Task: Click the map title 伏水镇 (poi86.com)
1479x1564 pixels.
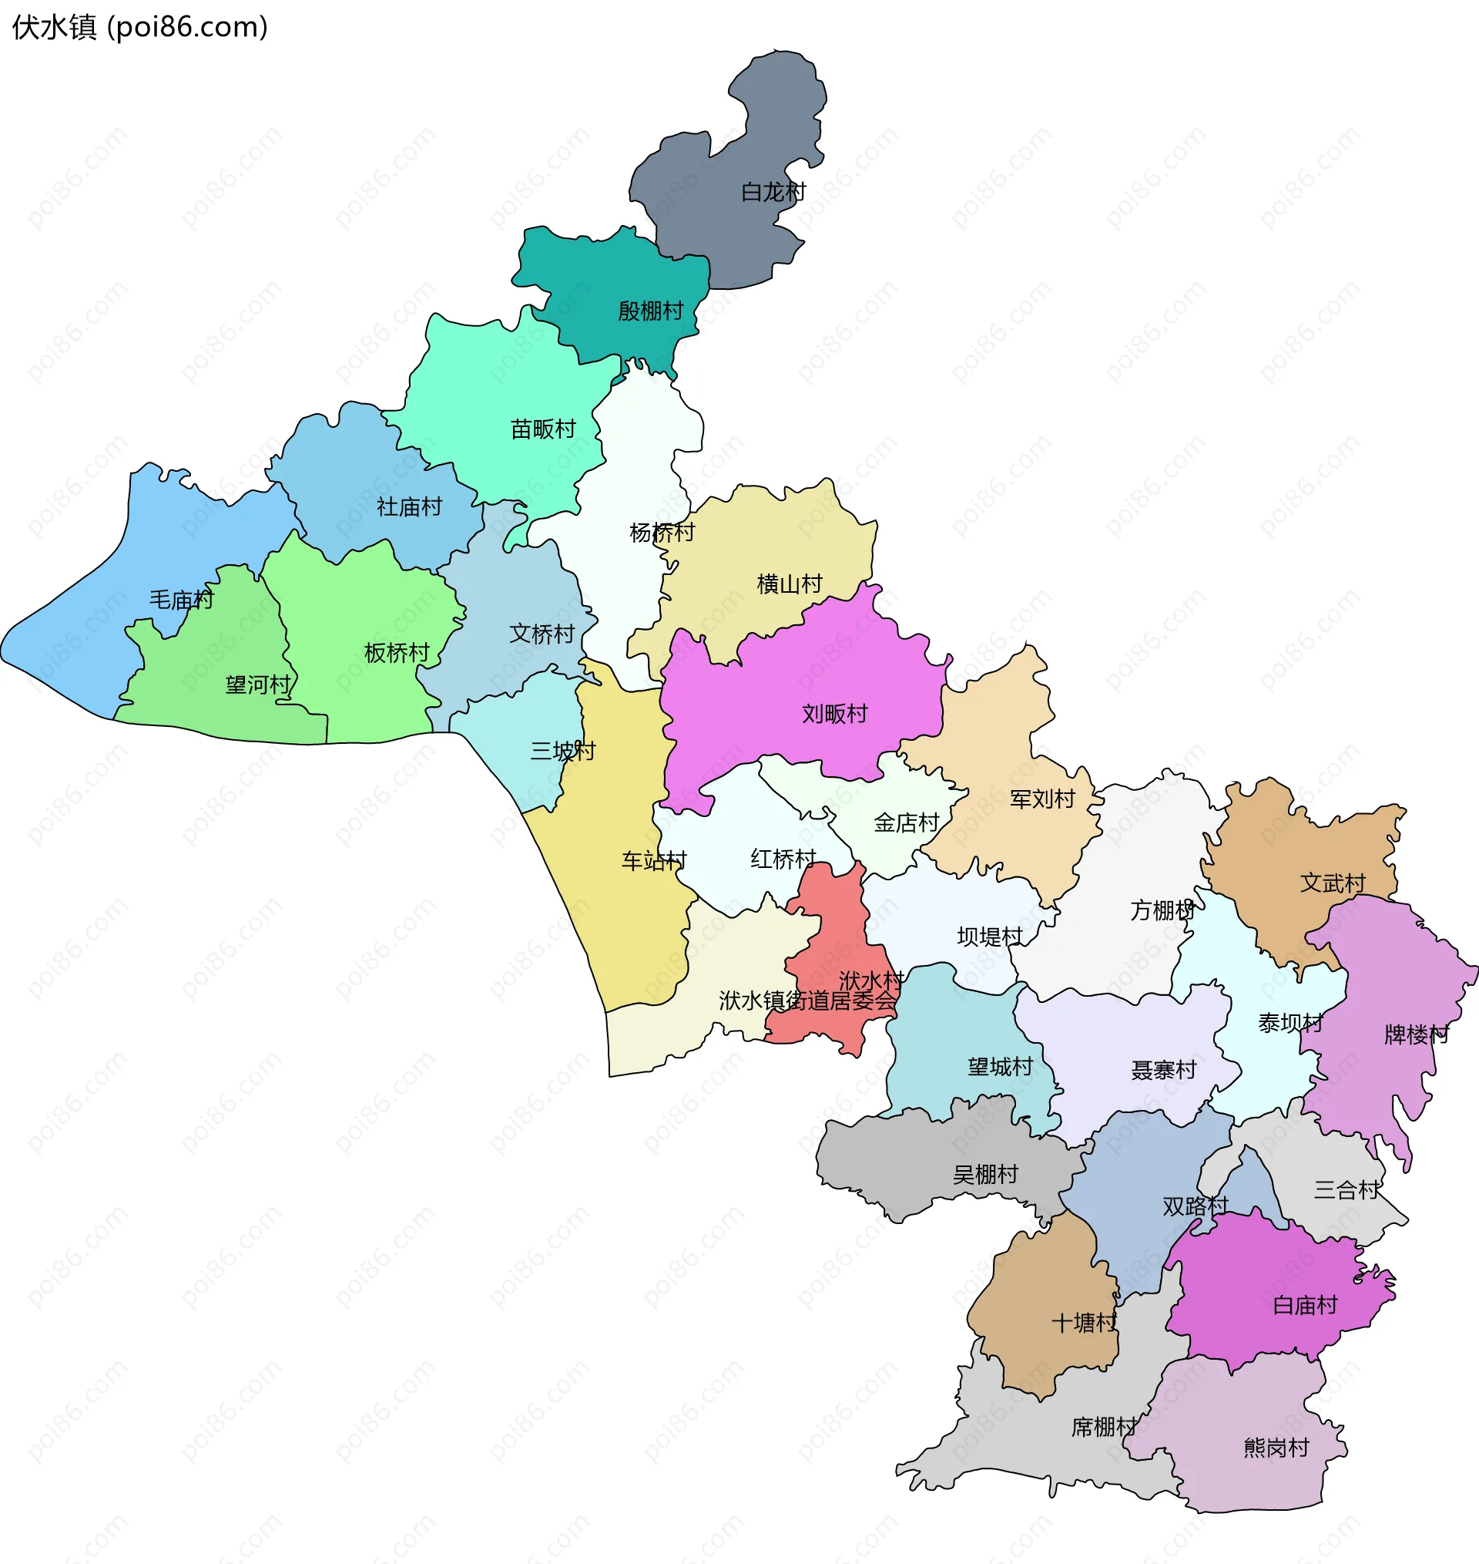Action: point(140,28)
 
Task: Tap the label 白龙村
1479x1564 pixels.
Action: point(773,192)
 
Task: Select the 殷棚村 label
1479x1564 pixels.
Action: point(650,311)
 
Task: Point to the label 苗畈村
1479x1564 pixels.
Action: point(543,429)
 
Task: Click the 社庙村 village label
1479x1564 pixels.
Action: point(409,506)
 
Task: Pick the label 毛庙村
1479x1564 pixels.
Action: point(181,600)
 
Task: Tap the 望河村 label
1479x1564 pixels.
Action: point(258,684)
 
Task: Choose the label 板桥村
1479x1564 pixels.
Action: point(397,652)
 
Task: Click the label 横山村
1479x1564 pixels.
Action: point(789,584)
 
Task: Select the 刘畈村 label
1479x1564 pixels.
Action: point(834,713)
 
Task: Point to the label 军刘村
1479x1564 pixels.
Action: point(1042,799)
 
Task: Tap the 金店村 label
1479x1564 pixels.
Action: point(906,822)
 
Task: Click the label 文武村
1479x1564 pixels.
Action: point(1333,883)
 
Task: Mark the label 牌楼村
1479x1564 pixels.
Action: point(1417,1034)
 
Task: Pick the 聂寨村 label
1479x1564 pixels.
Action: point(1164,1069)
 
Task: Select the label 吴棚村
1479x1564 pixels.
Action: point(985,1175)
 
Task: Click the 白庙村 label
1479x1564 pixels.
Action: point(1305,1305)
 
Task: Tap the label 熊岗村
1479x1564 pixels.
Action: point(1276,1448)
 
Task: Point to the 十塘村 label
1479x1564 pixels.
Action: point(1084,1322)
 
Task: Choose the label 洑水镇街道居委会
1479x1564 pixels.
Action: point(807,1000)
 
